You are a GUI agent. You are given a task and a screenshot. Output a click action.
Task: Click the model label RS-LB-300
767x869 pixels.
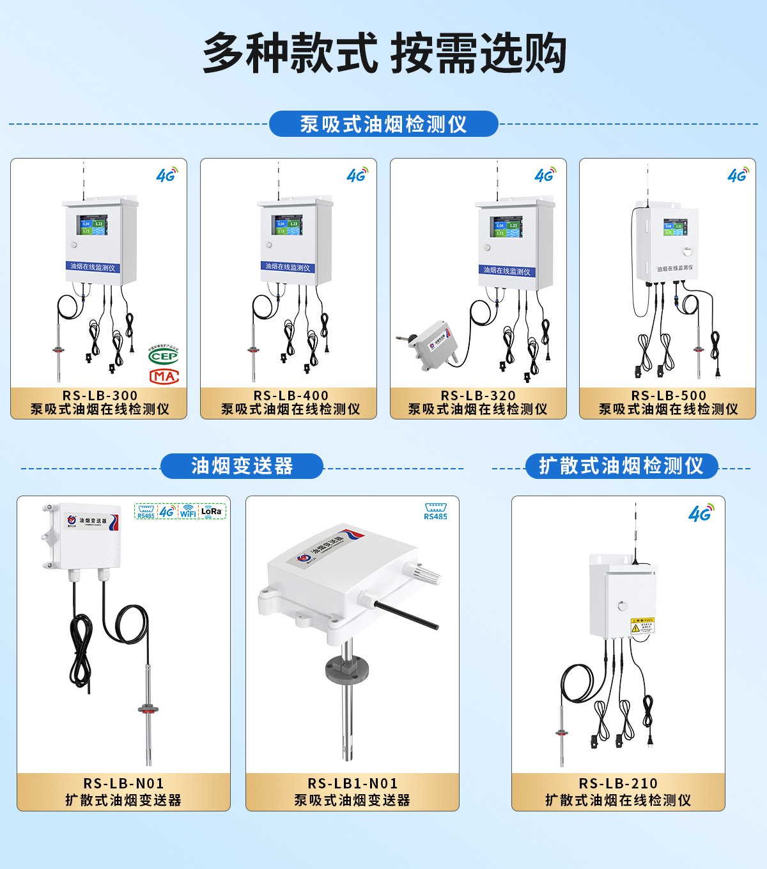point(100,396)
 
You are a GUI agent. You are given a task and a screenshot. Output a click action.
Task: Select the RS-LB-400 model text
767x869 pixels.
point(291,396)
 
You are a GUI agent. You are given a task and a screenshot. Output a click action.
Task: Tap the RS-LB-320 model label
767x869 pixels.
point(478,396)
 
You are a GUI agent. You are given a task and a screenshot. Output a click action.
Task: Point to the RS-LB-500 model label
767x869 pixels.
point(669,396)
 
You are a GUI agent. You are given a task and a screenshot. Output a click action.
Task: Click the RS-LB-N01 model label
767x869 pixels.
point(123,783)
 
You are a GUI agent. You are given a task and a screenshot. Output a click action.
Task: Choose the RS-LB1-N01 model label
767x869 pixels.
point(353,783)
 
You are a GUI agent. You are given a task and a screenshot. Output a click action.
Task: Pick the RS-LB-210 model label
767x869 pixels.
point(618,783)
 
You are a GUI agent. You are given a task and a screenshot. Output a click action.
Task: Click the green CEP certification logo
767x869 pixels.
point(164,356)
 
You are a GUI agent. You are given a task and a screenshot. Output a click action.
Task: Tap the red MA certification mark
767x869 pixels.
point(164,376)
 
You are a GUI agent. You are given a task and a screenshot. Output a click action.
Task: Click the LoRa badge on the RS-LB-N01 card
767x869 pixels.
point(211,512)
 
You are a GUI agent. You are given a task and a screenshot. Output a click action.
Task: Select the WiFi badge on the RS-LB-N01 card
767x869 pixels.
point(188,512)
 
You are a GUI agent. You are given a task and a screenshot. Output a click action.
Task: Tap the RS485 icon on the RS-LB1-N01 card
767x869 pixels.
point(435,512)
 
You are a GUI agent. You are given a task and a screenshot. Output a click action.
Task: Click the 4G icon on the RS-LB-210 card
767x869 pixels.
point(701,513)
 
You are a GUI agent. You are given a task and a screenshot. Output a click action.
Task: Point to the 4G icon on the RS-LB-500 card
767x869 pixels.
point(738,175)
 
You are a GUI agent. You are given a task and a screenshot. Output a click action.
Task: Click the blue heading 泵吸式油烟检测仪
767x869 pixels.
point(383,124)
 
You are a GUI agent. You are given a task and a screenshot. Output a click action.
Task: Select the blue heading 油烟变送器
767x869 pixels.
point(242,466)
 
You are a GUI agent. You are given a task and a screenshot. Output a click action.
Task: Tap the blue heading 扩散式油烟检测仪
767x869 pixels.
point(621,466)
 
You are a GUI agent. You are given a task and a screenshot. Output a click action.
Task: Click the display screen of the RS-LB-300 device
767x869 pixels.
point(92,225)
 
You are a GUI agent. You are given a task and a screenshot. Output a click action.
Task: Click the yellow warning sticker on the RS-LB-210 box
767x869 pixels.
point(642,625)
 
